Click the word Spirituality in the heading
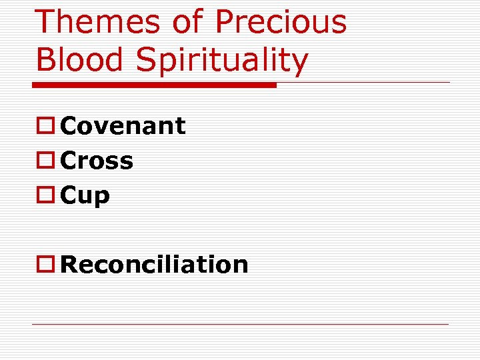(222, 61)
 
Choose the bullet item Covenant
(123, 126)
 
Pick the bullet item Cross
(97, 161)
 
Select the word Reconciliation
(154, 265)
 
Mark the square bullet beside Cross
(45, 161)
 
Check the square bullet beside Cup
(45, 196)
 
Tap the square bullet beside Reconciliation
(45, 265)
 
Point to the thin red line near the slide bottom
(240, 325)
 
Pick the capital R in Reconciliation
(69, 265)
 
